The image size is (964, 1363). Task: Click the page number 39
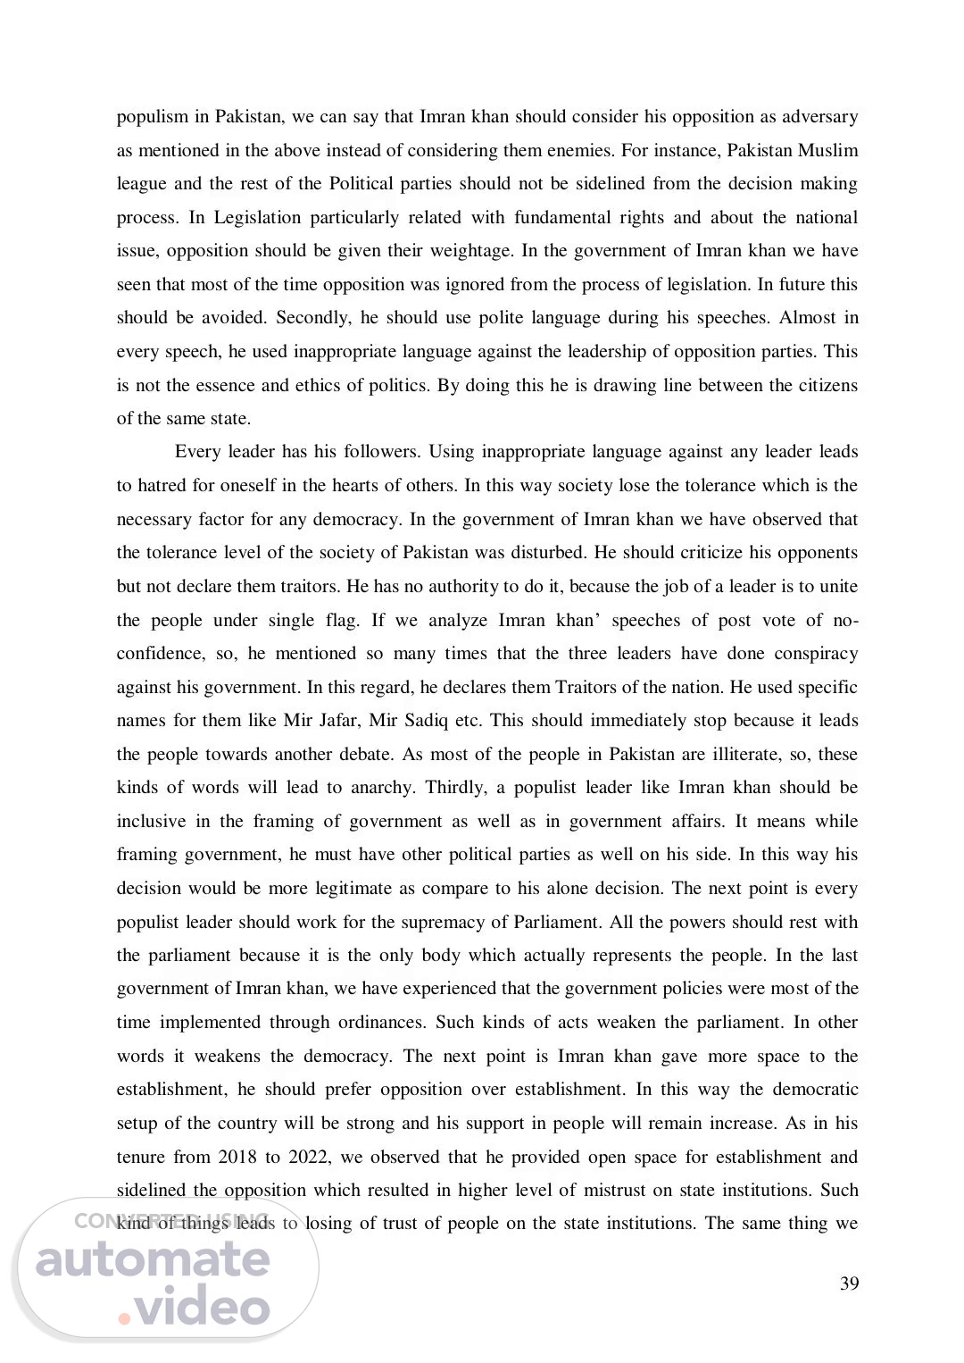(x=849, y=1284)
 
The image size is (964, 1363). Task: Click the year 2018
(x=237, y=1158)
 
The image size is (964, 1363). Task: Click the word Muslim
(x=828, y=150)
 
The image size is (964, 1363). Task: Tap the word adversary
(x=816, y=117)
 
